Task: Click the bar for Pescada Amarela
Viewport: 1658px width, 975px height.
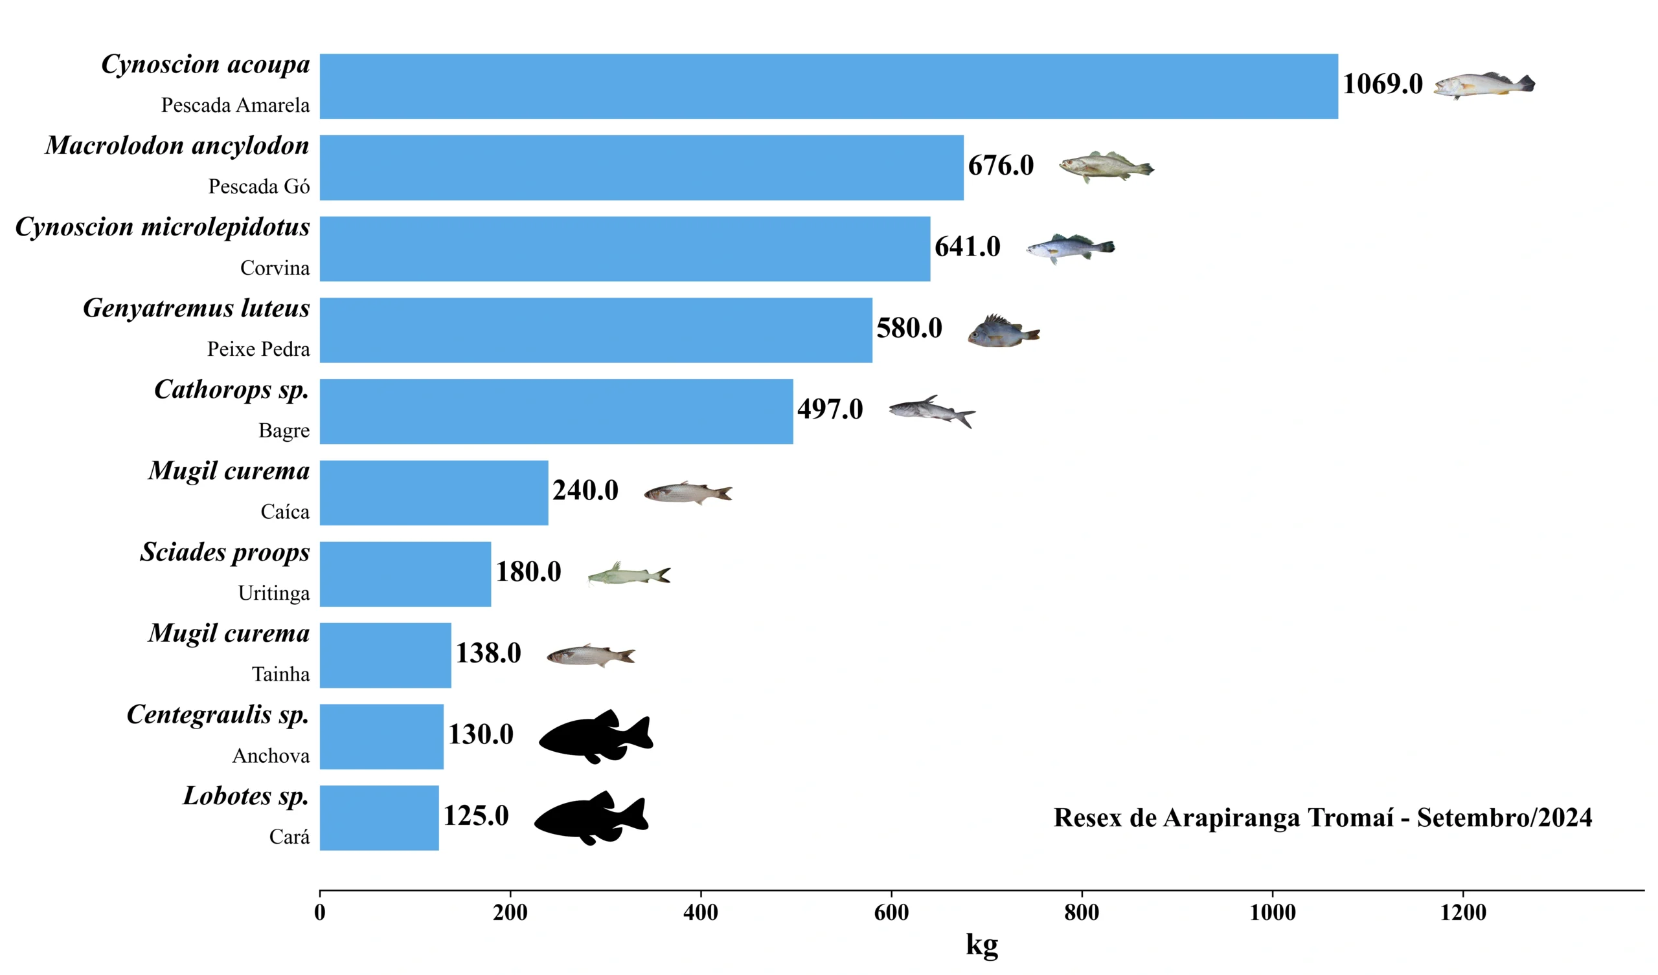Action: coord(828,86)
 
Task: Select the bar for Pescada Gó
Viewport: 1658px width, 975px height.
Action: coord(641,168)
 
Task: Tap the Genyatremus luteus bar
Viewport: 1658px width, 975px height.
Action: coord(595,330)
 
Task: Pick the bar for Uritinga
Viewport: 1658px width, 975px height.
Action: coord(405,574)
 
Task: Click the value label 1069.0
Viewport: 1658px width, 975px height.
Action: coord(1382,84)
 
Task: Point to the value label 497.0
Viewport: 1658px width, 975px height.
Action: coord(830,410)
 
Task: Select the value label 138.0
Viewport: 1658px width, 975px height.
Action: coord(488,653)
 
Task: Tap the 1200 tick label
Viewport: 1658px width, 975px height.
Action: coord(1462,912)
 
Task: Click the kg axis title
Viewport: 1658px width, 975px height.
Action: coord(982,945)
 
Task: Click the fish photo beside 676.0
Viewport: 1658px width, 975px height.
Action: coord(1106,167)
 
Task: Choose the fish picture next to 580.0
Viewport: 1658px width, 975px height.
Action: coord(1003,331)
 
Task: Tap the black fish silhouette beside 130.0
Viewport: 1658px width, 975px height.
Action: coord(596,736)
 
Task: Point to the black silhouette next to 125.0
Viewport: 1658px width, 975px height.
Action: coord(591,817)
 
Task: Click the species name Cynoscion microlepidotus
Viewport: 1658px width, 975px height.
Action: coord(163,228)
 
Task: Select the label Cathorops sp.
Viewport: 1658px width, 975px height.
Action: coord(232,390)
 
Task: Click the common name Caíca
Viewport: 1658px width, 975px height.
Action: coord(285,512)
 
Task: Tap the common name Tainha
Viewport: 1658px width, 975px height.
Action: coord(280,674)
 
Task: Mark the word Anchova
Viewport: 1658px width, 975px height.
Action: coord(271,756)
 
